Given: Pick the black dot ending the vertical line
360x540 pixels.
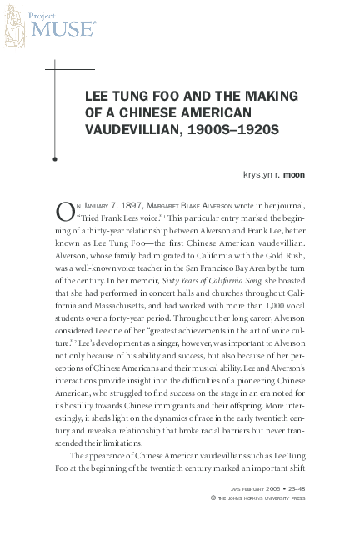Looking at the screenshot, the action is (x=54, y=157).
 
